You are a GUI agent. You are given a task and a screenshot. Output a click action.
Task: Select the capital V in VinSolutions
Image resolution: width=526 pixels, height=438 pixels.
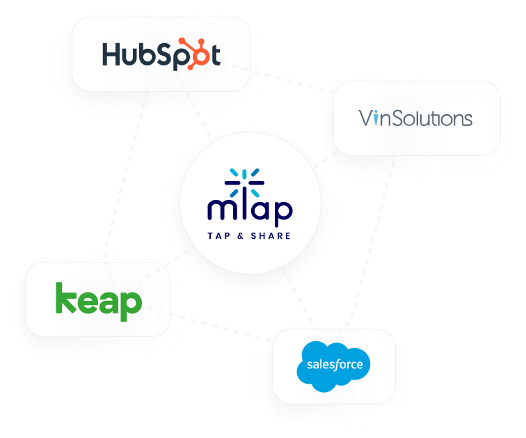(x=366, y=118)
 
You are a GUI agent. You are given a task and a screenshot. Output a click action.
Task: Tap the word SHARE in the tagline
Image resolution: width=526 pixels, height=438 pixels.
(x=271, y=235)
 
